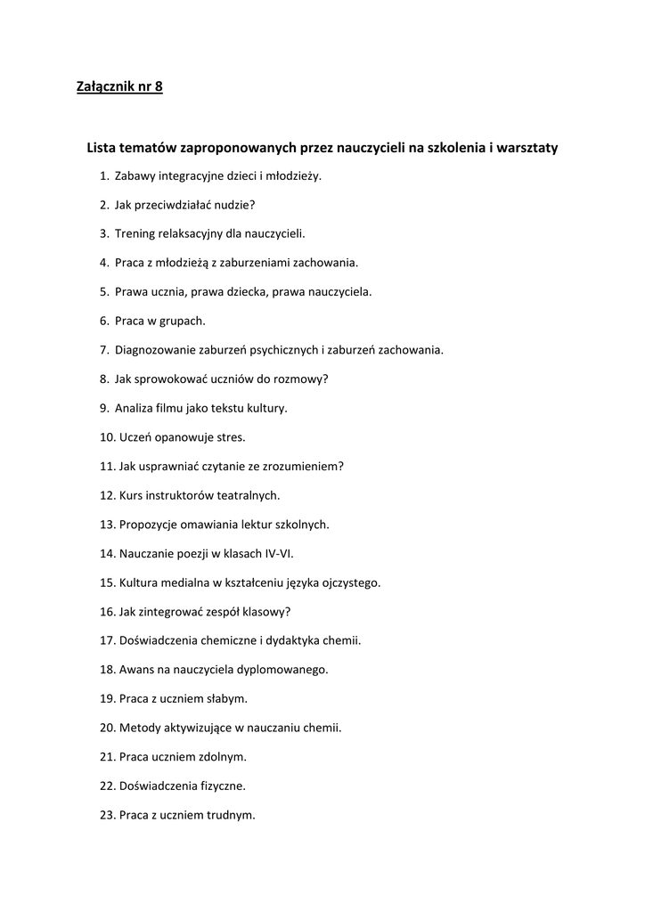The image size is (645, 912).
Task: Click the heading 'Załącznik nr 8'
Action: click(119, 87)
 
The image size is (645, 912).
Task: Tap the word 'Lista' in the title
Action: click(102, 148)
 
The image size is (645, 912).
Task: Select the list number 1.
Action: click(104, 176)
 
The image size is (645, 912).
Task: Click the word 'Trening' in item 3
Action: click(135, 233)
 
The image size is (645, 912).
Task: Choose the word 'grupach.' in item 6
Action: click(182, 321)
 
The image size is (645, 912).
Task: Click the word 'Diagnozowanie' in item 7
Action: click(154, 349)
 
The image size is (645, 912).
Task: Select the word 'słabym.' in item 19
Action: click(227, 698)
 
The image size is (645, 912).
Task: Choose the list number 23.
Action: click(108, 814)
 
